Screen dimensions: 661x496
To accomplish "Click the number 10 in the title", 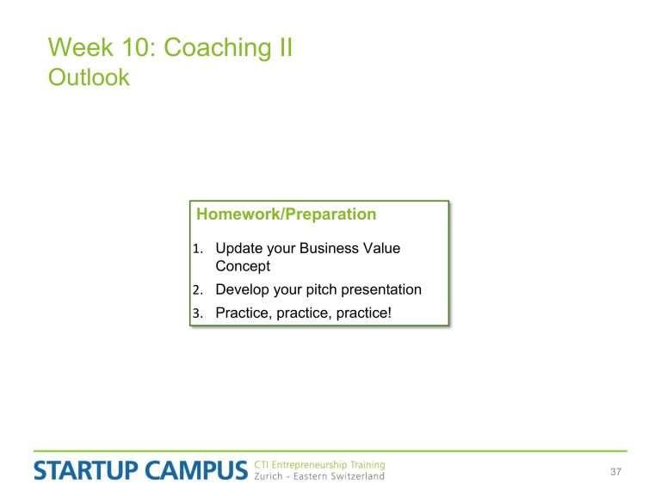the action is (134, 47).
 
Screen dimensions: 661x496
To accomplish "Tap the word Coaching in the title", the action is (218, 48).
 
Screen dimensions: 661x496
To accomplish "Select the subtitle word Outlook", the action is (89, 77).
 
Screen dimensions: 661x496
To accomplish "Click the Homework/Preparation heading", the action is (287, 214).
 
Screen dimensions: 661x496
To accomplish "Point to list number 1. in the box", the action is (198, 249).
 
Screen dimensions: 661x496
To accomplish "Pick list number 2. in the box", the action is (198, 290).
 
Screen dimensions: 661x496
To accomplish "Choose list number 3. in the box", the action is (198, 313).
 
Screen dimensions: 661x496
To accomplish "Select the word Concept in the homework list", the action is (243, 267).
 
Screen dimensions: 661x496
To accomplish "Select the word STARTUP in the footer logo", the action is (86, 471).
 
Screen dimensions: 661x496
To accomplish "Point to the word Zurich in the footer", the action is (269, 476).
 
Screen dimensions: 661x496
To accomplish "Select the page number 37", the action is (615, 472).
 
